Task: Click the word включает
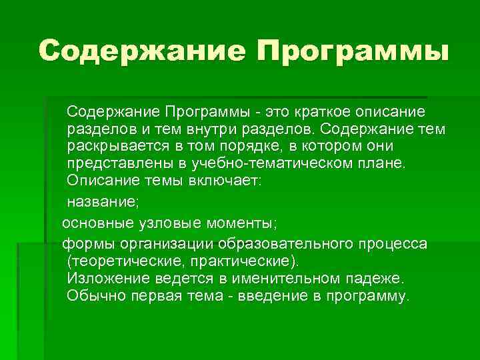click(x=224, y=181)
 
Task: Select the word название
click(x=101, y=200)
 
